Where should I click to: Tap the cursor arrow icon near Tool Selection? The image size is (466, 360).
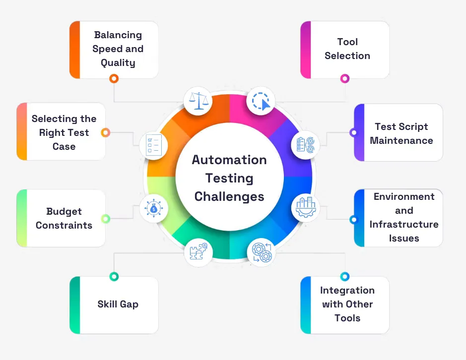tap(261, 101)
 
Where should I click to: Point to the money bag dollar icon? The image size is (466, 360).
tap(153, 209)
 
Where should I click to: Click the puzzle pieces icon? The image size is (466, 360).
tap(199, 252)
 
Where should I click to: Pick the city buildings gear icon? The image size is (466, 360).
tap(305, 208)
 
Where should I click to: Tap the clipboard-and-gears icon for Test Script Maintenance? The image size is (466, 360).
tap(305, 145)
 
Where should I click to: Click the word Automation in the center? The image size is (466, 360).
tap(229, 160)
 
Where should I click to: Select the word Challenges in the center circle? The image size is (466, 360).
tap(229, 196)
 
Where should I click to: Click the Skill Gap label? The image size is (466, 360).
tap(118, 304)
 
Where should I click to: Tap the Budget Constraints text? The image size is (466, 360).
tap(64, 218)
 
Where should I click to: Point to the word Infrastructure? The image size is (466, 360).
tap(404, 224)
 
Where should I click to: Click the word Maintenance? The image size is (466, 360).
tap(401, 140)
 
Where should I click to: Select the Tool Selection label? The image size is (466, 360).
tap(347, 49)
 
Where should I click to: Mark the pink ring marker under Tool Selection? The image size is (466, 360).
tap(345, 78)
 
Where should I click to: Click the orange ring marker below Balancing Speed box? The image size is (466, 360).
tap(114, 78)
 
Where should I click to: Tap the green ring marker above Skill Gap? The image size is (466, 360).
tap(114, 277)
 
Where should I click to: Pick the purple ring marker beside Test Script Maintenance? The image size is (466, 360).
tap(354, 132)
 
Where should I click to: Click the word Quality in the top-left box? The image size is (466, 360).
tap(118, 62)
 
